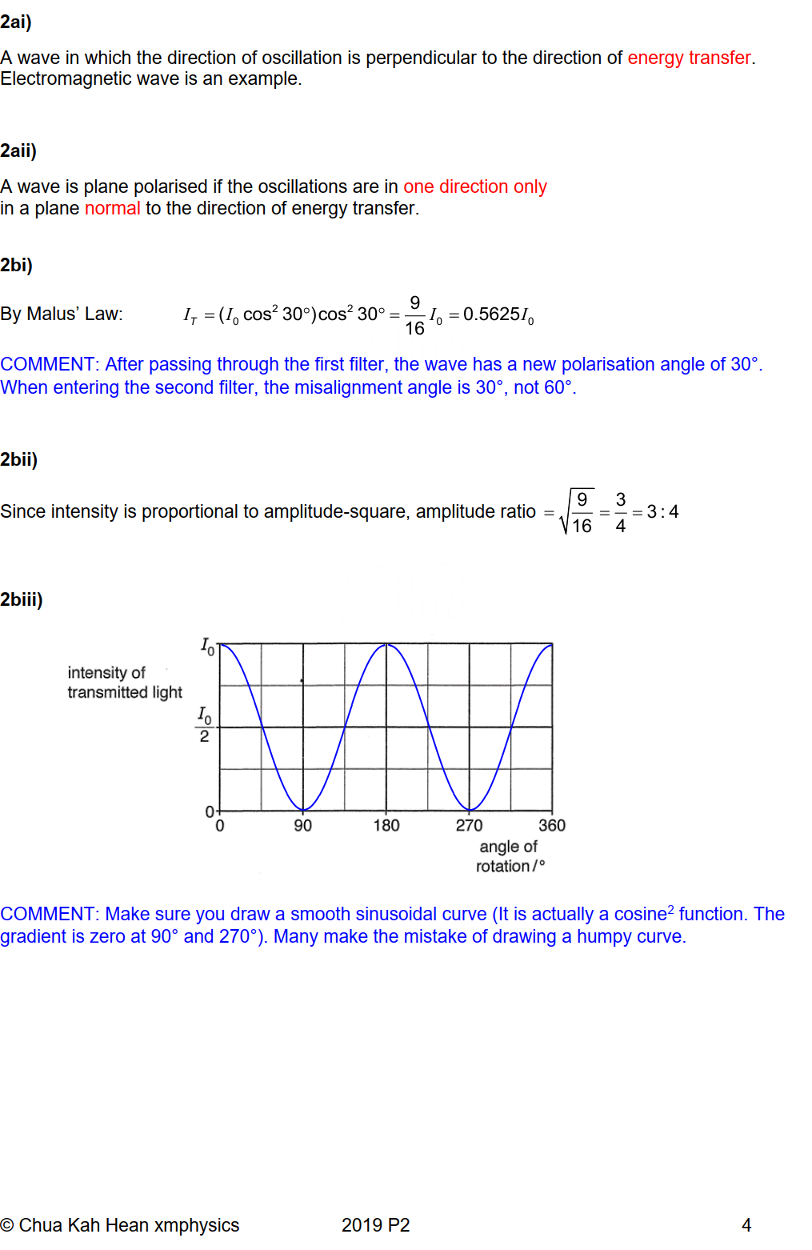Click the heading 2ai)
point(16,22)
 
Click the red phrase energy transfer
point(689,58)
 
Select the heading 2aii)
point(18,150)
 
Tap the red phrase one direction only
point(474,186)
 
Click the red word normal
point(112,208)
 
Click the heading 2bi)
point(16,265)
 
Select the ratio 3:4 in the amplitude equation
point(662,511)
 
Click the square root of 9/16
point(578,512)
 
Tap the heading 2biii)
point(22,599)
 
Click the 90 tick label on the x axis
point(302,825)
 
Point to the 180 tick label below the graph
point(386,825)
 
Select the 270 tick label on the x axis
point(469,825)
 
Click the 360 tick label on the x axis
point(552,825)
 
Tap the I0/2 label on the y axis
point(204,725)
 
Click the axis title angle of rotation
point(510,856)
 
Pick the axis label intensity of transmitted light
point(124,683)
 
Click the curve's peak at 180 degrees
point(386,644)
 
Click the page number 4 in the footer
point(746,1225)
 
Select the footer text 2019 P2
point(375,1225)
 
